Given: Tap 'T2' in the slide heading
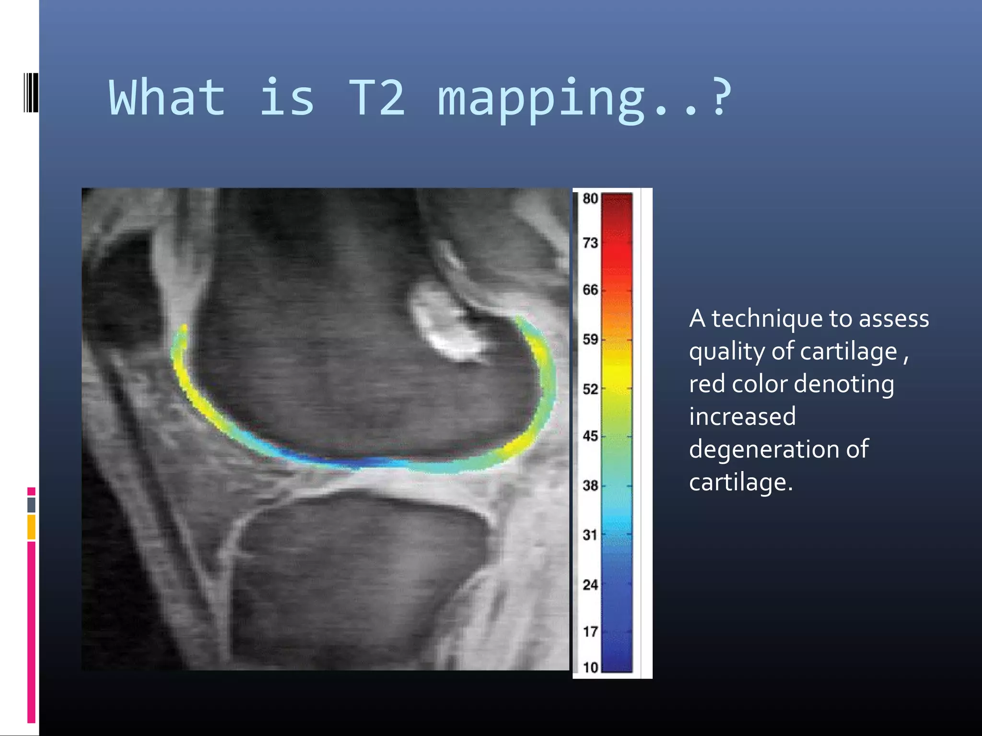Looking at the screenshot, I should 376,98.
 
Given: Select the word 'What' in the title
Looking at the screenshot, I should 167,98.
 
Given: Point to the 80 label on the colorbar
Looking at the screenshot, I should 590,198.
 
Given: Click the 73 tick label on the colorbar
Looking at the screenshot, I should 590,243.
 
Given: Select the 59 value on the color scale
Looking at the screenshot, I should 590,339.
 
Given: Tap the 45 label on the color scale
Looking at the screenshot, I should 590,436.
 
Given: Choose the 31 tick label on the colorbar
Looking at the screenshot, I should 590,535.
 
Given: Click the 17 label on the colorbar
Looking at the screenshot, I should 590,632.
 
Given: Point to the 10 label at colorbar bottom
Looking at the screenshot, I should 590,667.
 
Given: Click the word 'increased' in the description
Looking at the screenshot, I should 742,416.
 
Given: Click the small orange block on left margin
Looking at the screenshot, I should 31,527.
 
